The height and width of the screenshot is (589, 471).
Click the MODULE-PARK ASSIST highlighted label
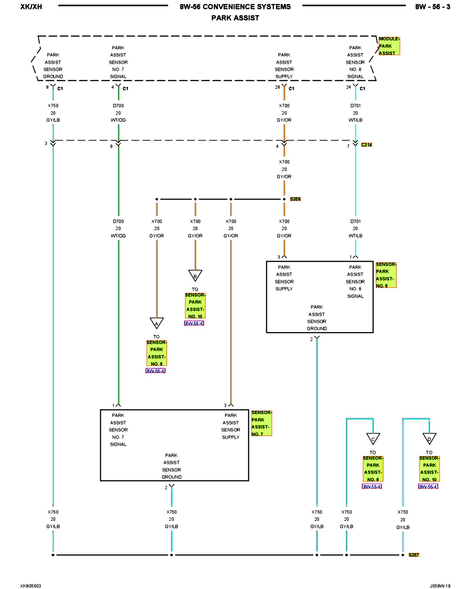(389, 46)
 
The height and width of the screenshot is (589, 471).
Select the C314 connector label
(366, 145)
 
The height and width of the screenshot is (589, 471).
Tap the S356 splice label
(295, 199)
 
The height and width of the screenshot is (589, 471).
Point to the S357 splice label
(414, 555)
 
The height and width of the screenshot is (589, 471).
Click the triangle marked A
(157, 323)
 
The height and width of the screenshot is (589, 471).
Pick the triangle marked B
(195, 275)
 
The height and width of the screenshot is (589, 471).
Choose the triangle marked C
(373, 438)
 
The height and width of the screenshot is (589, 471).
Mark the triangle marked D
(429, 438)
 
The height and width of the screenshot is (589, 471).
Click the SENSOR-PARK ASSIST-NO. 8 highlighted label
(386, 275)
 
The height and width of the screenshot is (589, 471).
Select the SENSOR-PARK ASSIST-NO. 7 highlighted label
(261, 423)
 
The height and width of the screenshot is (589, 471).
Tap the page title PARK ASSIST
(235, 18)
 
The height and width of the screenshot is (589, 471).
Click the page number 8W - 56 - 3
(432, 7)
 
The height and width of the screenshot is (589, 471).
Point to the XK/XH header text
(31, 7)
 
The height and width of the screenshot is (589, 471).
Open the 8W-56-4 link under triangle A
(156, 371)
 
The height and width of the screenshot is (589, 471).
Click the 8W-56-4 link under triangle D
(428, 487)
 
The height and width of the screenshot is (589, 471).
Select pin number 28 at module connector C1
(277, 87)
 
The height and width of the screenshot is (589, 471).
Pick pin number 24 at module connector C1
(348, 87)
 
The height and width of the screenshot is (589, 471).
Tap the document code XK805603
(31, 586)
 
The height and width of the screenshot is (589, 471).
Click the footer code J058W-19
(440, 586)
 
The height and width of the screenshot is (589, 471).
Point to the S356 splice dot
(284, 199)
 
